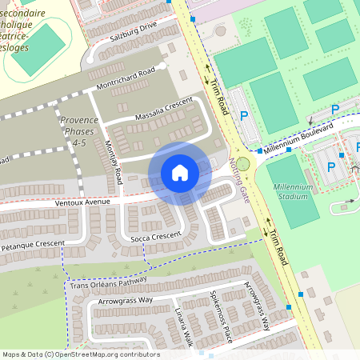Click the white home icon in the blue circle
pyautogui.click(x=179, y=173)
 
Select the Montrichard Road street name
pyautogui.click(x=125, y=78)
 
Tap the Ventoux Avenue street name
pyautogui.click(x=82, y=203)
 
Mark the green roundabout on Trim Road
pyautogui.click(x=242, y=163)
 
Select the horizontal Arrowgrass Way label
pyautogui.click(x=126, y=300)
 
